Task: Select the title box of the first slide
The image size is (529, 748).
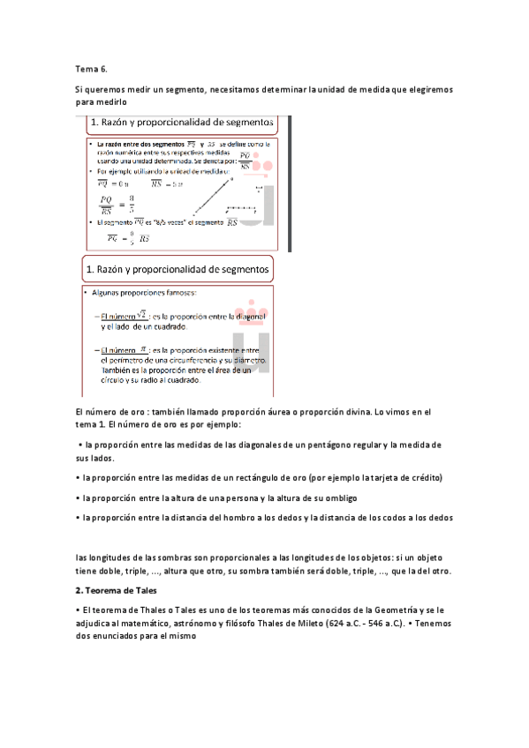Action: [184, 121]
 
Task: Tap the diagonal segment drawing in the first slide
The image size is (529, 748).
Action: [212, 201]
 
